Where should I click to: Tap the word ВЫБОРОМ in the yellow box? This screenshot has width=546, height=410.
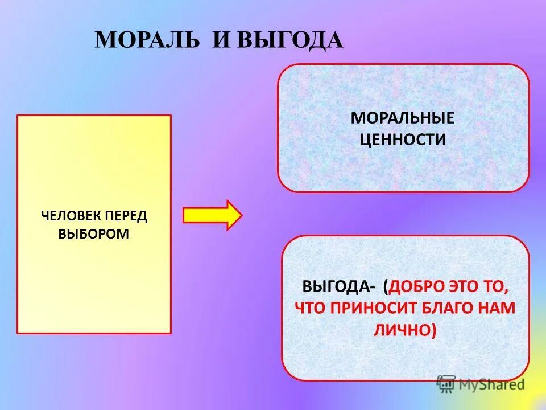[x=94, y=234]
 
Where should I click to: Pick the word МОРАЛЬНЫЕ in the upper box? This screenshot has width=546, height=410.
[x=403, y=118]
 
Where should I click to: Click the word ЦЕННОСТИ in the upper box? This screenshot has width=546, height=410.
[x=403, y=139]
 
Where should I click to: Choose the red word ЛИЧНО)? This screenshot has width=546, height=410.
[x=404, y=330]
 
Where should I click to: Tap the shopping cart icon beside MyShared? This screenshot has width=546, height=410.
[x=446, y=384]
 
